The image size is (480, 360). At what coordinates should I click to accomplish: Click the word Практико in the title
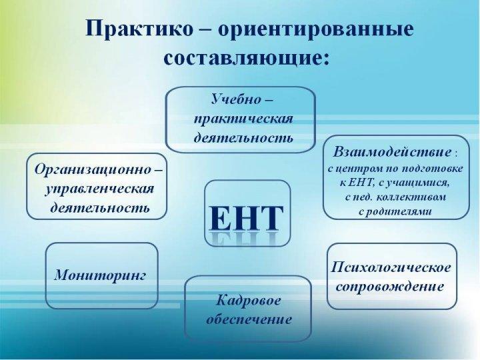[x=139, y=29]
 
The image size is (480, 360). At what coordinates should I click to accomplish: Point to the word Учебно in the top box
[x=236, y=99]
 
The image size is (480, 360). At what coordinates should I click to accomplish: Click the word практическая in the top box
[x=244, y=119]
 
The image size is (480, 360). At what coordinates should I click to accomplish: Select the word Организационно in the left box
[x=93, y=169]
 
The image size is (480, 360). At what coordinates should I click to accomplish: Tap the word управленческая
[x=99, y=189]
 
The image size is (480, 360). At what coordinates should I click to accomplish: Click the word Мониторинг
[x=101, y=275]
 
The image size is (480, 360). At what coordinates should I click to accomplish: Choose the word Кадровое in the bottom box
[x=248, y=301]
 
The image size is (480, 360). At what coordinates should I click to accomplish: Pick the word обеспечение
[x=249, y=319]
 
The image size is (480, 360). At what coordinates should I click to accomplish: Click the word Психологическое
[x=391, y=267]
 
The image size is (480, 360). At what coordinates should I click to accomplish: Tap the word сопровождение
[x=390, y=287]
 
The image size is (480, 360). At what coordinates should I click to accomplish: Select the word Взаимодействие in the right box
[x=392, y=152]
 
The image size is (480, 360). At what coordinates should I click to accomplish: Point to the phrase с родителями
[x=395, y=211]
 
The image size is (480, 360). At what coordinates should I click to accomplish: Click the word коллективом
[x=411, y=197]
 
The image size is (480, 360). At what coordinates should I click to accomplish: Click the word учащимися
[x=417, y=183]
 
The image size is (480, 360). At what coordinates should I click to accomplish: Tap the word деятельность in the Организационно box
[x=100, y=208]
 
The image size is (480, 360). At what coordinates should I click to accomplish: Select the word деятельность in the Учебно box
[x=244, y=138]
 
